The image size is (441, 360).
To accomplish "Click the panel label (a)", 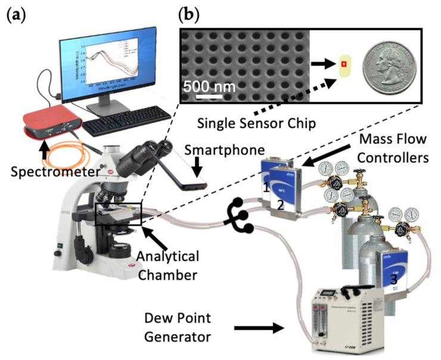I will (15, 13).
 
